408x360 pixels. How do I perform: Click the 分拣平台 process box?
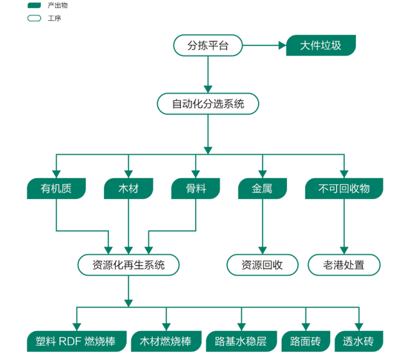(x=209, y=46)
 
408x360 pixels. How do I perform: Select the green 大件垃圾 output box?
(x=321, y=46)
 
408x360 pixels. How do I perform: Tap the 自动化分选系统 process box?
(x=208, y=103)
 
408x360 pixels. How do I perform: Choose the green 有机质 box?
(x=56, y=189)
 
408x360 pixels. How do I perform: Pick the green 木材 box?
(x=128, y=189)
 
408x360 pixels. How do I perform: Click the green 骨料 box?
(x=196, y=189)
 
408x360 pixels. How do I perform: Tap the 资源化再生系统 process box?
(x=128, y=264)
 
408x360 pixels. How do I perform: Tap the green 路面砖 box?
(x=305, y=341)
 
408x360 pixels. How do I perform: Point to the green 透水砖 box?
(x=359, y=341)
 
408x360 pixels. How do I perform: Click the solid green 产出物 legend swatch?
(x=33, y=5)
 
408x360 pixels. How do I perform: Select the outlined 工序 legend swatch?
(x=33, y=17)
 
